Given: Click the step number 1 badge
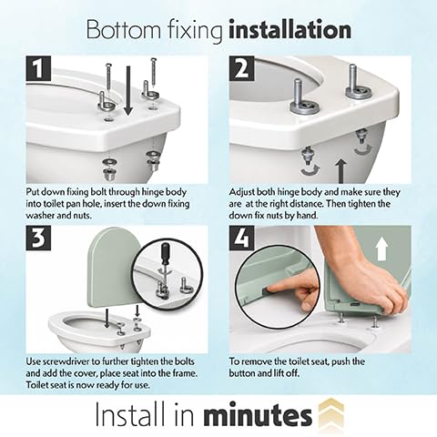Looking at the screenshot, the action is (x=38, y=68).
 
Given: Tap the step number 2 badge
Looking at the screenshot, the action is (x=242, y=68).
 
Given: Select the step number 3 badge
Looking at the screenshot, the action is (x=38, y=239).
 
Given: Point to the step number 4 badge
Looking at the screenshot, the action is (x=242, y=239).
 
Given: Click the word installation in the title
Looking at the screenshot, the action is (x=290, y=29).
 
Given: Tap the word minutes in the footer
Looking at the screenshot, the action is (x=258, y=414).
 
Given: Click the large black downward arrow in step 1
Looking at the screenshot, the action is (x=128, y=91).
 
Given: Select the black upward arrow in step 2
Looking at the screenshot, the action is (x=341, y=171).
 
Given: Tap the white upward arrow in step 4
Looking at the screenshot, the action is (x=381, y=249).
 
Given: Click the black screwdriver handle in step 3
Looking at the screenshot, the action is (x=165, y=254).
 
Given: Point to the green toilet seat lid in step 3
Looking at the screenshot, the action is (x=114, y=267).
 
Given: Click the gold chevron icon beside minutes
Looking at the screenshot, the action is (x=331, y=412).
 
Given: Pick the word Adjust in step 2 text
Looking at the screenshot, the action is (x=242, y=193).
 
